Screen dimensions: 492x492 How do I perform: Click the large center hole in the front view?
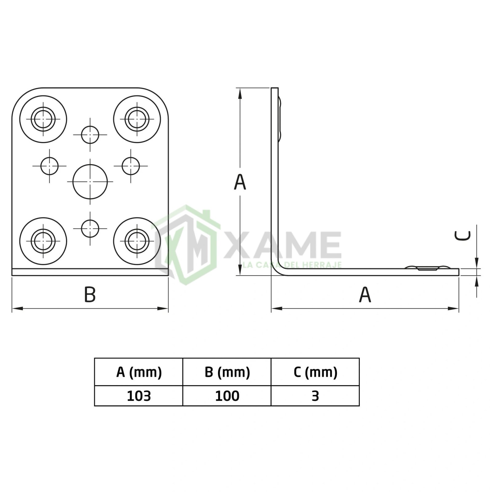[x=90, y=182]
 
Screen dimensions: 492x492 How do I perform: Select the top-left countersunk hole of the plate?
[x=43, y=119]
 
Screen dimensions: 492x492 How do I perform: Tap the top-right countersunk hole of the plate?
[x=137, y=119]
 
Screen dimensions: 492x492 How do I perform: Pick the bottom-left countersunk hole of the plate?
[x=43, y=241]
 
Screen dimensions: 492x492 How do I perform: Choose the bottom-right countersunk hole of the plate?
[x=137, y=241]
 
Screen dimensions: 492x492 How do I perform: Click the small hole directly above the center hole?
[x=90, y=135]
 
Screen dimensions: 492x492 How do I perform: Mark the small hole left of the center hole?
[x=50, y=166]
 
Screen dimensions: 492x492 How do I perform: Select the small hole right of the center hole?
[x=131, y=166]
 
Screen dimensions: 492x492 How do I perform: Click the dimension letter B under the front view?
[x=90, y=294]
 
